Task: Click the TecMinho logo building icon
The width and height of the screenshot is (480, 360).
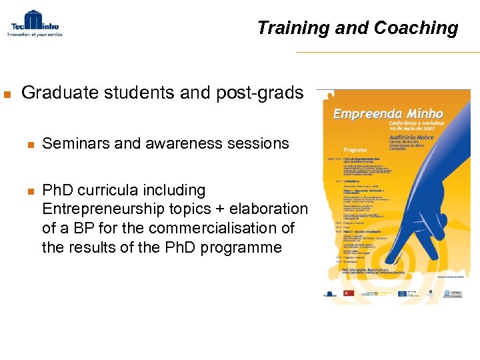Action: click(x=33, y=19)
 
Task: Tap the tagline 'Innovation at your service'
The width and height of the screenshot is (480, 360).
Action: click(x=35, y=35)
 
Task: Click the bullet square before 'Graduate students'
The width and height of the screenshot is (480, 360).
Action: click(x=7, y=94)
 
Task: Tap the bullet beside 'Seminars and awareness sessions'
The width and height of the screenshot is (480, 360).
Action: click(x=29, y=144)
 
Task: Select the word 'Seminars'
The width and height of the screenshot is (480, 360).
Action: click(x=75, y=143)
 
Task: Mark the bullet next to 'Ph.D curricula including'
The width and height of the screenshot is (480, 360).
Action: click(x=29, y=191)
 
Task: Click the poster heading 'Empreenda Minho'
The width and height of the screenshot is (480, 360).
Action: click(x=388, y=113)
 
